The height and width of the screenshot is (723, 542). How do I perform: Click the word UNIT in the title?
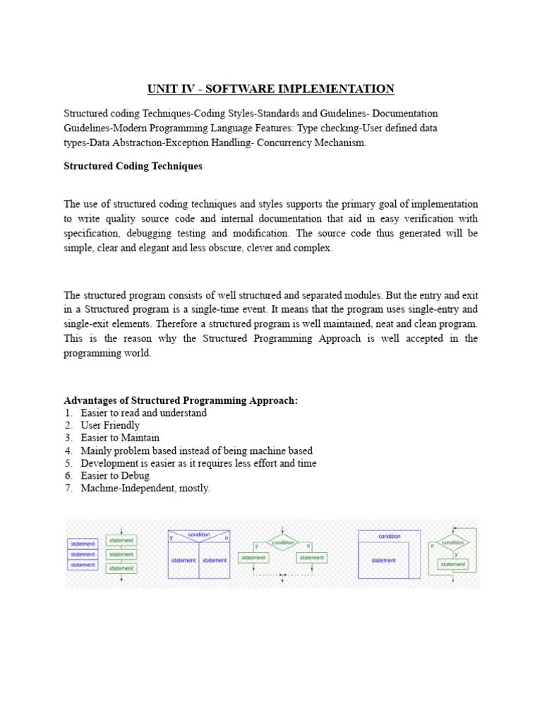(160, 89)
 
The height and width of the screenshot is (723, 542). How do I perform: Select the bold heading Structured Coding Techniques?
(133, 167)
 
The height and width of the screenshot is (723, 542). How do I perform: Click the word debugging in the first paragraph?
(166, 234)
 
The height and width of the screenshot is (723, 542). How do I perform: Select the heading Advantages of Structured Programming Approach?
(181, 400)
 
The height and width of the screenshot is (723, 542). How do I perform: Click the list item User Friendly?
(110, 426)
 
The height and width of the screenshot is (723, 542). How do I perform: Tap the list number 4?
(68, 451)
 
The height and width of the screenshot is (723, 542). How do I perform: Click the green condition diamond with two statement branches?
(282, 543)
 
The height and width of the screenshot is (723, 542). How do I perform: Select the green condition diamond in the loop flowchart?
(452, 543)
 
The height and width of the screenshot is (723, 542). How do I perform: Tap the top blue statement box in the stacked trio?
(83, 544)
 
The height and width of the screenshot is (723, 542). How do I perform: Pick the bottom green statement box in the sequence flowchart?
(121, 568)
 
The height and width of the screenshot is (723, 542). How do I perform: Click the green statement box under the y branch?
(253, 558)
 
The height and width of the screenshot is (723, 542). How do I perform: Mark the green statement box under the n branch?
(311, 558)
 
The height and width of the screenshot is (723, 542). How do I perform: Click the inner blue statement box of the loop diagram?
(385, 560)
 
